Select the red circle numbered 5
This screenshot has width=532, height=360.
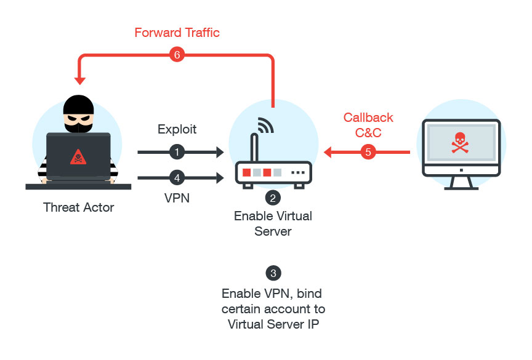click(368, 151)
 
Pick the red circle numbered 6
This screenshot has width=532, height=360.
click(176, 55)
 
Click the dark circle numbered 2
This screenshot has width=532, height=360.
click(273, 198)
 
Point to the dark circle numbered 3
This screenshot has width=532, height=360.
click(273, 273)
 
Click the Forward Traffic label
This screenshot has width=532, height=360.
click(177, 32)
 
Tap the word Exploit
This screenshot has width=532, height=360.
click(177, 129)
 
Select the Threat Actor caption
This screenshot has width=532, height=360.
click(79, 207)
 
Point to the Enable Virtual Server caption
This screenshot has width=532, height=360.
click(273, 224)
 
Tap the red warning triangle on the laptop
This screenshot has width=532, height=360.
click(78, 156)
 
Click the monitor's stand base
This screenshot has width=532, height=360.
click(459, 185)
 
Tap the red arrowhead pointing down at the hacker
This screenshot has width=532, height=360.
click(79, 80)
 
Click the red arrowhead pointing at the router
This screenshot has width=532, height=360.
click(327, 151)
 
